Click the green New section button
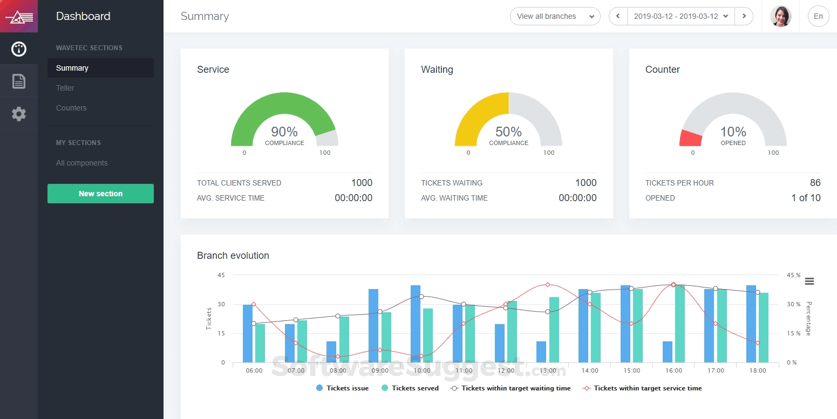(x=100, y=194)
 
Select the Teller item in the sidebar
(x=65, y=88)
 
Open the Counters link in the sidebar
(x=71, y=108)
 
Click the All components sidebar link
(x=82, y=163)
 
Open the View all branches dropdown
(x=555, y=16)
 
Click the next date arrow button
(x=744, y=16)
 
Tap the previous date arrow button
(x=618, y=16)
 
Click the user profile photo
(x=780, y=16)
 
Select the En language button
(x=818, y=16)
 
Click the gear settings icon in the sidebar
(x=19, y=114)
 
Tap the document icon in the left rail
(x=19, y=81)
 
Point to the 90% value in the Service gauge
(x=284, y=132)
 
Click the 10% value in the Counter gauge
(x=733, y=132)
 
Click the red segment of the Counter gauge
(x=691, y=139)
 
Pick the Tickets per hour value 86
(x=815, y=183)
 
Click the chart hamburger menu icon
(x=809, y=281)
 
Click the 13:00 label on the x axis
(x=548, y=371)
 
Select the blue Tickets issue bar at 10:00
(x=416, y=324)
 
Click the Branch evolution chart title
(x=233, y=256)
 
